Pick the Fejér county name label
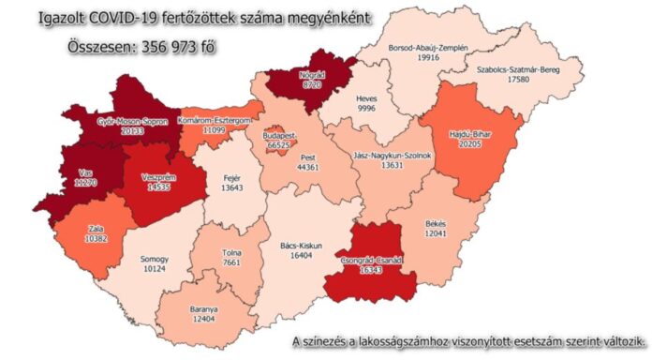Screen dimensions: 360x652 [231, 177]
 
